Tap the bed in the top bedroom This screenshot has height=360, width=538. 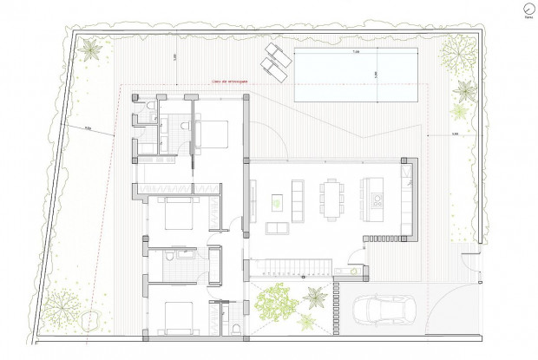[212, 133]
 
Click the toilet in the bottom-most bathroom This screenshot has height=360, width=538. [236, 327]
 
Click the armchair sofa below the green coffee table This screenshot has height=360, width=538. [276, 228]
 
